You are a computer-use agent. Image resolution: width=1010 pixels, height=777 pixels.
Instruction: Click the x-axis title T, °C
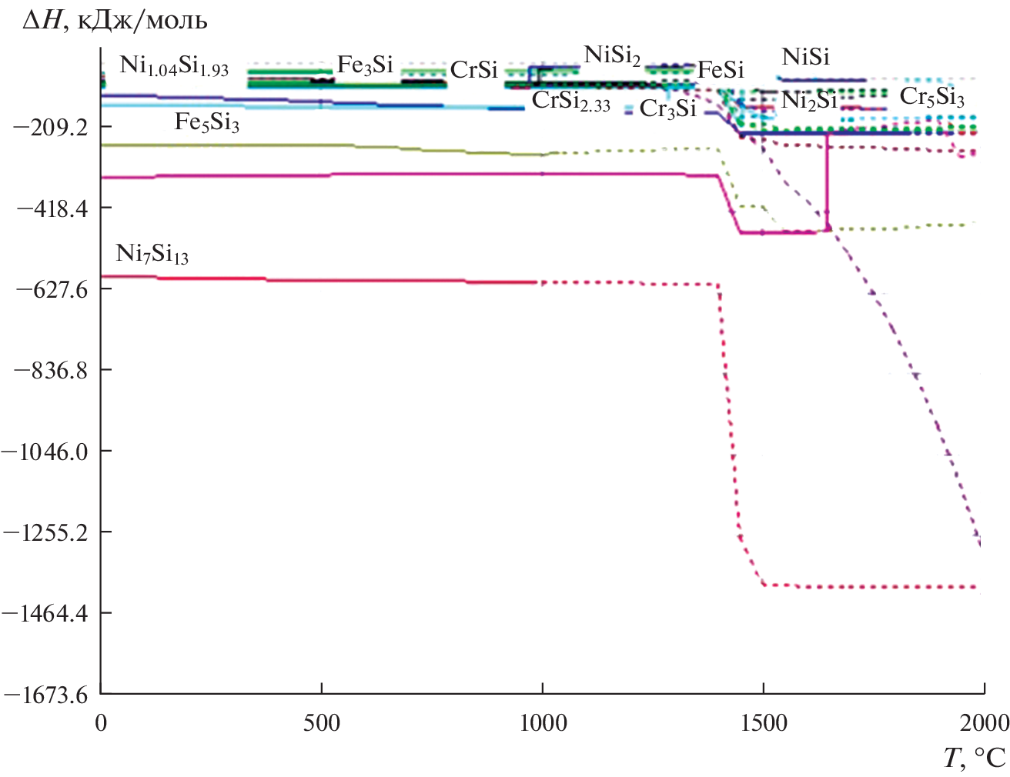click(975, 758)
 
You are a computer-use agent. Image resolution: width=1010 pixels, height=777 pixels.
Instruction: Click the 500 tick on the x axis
click(321, 723)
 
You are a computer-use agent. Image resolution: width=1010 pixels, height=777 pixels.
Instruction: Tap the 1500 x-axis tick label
click(763, 723)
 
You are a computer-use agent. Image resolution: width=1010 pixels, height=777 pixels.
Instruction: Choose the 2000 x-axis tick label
click(984, 723)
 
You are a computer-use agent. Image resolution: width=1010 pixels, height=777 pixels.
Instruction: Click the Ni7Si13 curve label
click(152, 254)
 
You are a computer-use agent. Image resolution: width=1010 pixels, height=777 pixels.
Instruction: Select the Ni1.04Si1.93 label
click(174, 66)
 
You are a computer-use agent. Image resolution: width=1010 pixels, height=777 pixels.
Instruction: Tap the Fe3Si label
click(365, 66)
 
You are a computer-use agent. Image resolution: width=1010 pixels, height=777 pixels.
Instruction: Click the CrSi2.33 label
click(570, 102)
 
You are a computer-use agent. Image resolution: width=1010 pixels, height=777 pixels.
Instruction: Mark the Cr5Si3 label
click(931, 98)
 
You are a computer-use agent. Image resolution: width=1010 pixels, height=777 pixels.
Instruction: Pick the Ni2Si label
click(808, 101)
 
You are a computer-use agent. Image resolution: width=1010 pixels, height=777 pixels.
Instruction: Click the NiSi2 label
click(612, 56)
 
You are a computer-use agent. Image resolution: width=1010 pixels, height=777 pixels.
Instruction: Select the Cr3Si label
click(667, 109)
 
